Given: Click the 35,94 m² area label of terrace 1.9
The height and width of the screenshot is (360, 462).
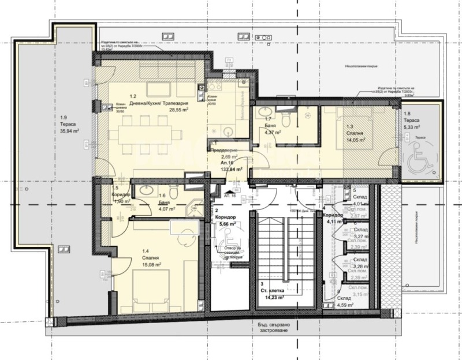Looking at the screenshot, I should [x=69, y=131].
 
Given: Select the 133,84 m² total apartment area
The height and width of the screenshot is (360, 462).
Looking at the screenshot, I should [x=230, y=170].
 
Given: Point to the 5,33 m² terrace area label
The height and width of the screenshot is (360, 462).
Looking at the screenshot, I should [x=412, y=127].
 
